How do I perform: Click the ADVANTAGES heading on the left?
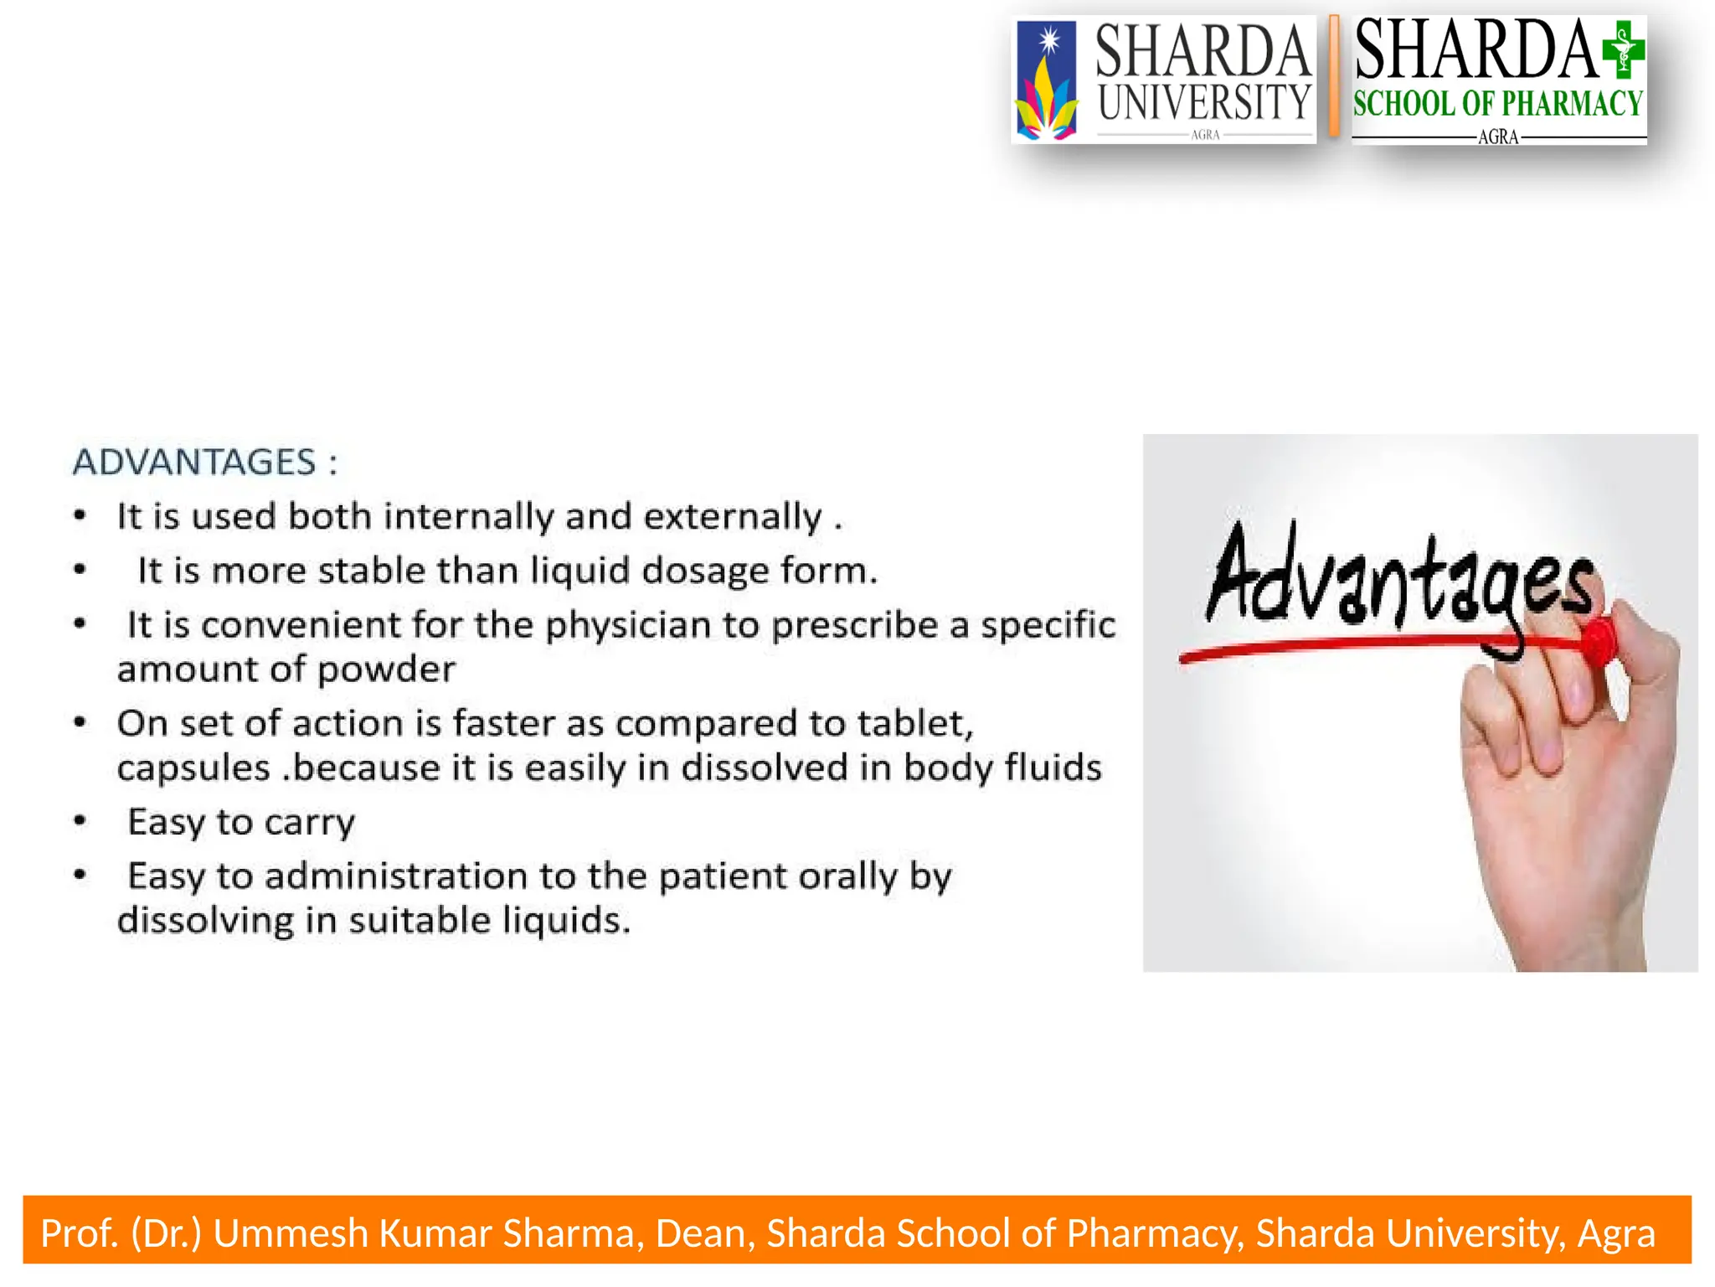tap(194, 462)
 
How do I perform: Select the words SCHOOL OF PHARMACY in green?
tap(1498, 104)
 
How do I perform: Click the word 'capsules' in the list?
tap(193, 768)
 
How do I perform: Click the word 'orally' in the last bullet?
tap(847, 877)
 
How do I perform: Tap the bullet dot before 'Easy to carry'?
tap(80, 821)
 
